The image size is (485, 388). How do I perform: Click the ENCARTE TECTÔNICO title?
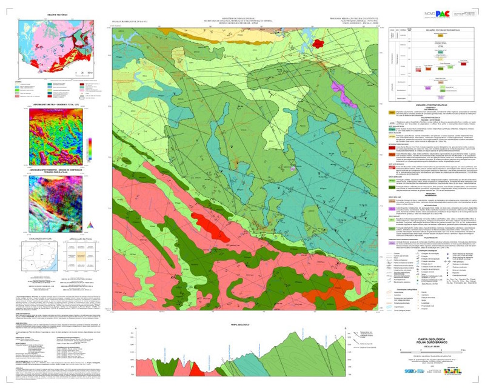click(x=50, y=13)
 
